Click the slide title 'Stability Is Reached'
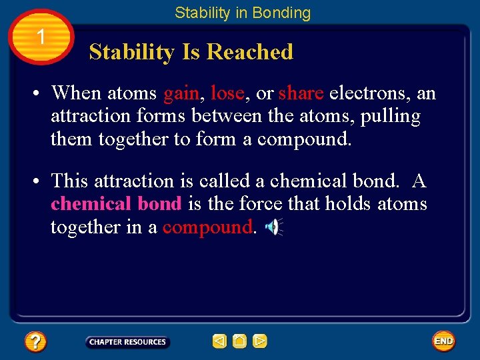tap(191, 52)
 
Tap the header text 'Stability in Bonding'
tap(243, 13)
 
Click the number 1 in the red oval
tap(41, 37)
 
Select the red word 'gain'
tap(181, 93)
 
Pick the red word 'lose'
tap(227, 93)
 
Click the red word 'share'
tap(301, 93)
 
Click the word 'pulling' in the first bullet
tap(391, 117)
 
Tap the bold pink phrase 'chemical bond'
tap(116, 204)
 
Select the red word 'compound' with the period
tap(209, 227)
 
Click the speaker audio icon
tap(273, 227)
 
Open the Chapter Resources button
tap(127, 342)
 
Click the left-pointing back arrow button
tap(219, 341)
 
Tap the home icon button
tap(240, 341)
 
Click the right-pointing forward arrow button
tap(260, 341)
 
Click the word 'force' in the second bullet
tap(256, 204)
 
